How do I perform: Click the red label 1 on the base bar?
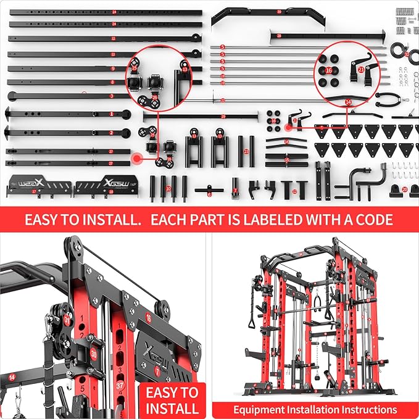click(x=112, y=114)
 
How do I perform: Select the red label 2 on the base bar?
click(x=112, y=133)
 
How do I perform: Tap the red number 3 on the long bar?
click(x=112, y=96)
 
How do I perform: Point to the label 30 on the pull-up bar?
click(x=279, y=12)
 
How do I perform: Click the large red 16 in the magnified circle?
click(x=329, y=71)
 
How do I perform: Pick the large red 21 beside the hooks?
click(x=361, y=70)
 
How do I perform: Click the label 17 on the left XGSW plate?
click(x=34, y=192)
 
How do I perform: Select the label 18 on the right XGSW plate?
click(x=111, y=192)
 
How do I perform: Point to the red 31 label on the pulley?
click(x=67, y=320)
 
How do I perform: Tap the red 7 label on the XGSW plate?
click(x=157, y=371)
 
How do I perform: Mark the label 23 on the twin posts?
click(x=246, y=150)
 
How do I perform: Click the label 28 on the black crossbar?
click(x=279, y=36)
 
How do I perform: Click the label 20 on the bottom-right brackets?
click(x=405, y=189)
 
